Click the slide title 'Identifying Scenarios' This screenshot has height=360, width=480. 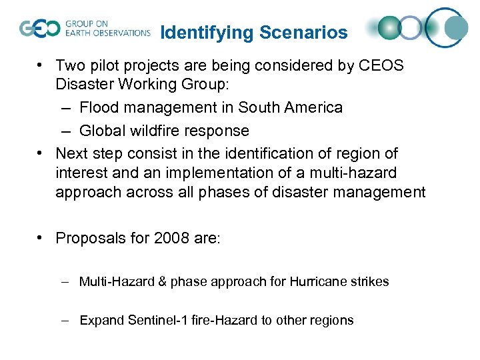pyautogui.click(x=255, y=32)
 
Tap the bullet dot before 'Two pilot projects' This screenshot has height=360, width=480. pyautogui.click(x=41, y=66)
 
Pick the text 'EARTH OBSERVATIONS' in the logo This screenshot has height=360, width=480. pyautogui.click(x=108, y=32)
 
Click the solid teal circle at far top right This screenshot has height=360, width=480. pyautogui.click(x=457, y=27)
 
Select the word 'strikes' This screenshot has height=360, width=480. pyautogui.click(x=370, y=281)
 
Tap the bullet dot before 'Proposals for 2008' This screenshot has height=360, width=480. pyautogui.click(x=41, y=238)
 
